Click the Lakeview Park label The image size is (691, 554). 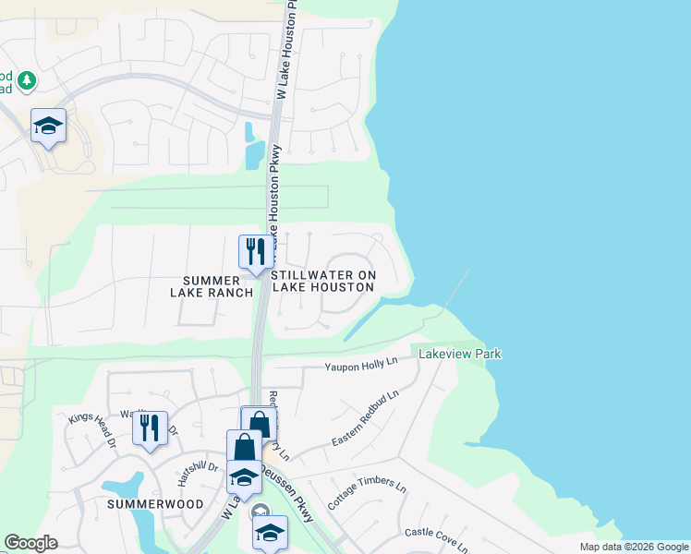[460, 354]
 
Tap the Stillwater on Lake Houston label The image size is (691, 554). [322, 281]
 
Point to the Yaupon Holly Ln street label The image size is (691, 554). [359, 367]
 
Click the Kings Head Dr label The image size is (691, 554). [91, 430]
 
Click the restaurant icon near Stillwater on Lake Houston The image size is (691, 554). [256, 251]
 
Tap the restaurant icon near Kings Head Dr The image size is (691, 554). [150, 428]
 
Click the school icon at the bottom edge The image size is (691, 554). [270, 533]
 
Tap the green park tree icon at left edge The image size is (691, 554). [27, 81]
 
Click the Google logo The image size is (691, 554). [30, 543]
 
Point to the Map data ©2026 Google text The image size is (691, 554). [633, 547]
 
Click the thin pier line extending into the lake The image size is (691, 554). [456, 290]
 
